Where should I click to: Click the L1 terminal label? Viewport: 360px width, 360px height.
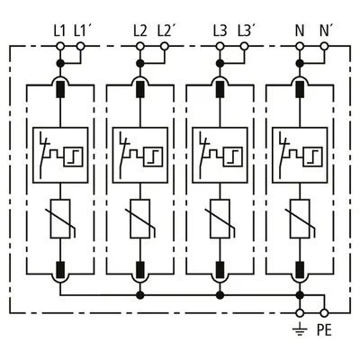59,31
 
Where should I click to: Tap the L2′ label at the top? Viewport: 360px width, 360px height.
166,31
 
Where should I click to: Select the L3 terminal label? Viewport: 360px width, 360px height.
220,31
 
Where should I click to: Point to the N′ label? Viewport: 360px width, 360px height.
324,31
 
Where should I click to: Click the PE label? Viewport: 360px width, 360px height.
324,330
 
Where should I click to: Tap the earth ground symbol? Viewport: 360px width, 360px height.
300,330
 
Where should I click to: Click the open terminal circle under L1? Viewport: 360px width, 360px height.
60,47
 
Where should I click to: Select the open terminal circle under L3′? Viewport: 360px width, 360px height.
245,47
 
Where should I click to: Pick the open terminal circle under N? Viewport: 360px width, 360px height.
300,47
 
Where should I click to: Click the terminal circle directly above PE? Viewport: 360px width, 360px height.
324,313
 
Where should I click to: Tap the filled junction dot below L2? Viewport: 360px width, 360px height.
139,63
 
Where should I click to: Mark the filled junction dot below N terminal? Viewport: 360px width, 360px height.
300,63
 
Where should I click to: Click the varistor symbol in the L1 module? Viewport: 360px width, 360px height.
61,219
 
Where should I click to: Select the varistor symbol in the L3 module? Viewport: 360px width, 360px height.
220,219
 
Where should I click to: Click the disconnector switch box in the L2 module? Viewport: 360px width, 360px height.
139,155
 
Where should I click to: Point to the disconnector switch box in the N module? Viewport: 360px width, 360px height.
300,155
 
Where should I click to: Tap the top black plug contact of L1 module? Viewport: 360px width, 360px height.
60,89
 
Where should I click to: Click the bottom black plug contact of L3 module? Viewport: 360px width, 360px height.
220,270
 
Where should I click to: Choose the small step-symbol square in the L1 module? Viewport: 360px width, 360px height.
74,157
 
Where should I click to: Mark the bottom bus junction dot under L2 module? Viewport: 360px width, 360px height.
139,295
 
